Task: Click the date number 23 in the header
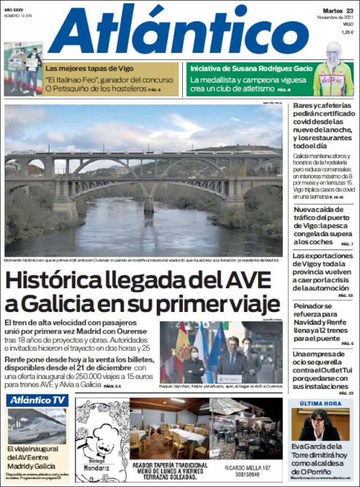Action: pyautogui.click(x=349, y=11)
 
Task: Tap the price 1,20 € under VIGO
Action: pyautogui.click(x=347, y=32)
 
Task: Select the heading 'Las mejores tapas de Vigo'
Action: pyautogui.click(x=90, y=69)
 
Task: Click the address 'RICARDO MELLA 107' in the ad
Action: pyautogui.click(x=248, y=468)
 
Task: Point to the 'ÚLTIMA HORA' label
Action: pyautogui.click(x=321, y=403)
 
